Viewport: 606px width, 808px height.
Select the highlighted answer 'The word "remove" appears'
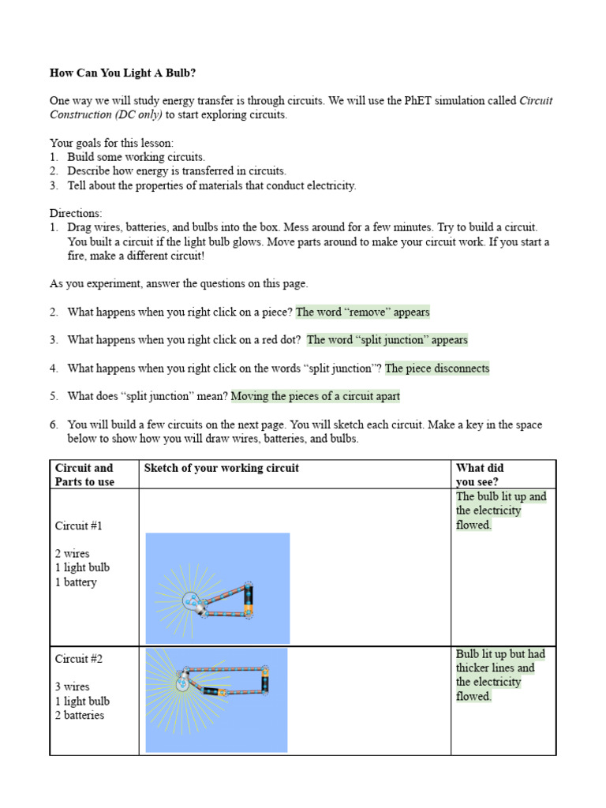pos(362,312)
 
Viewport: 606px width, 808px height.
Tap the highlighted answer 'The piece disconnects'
pos(437,368)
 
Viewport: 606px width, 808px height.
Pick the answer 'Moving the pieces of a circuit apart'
pos(315,396)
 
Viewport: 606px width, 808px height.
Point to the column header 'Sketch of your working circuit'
pos(222,468)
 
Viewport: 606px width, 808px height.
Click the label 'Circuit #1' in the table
pos(79,526)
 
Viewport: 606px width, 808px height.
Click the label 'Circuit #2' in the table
pos(79,658)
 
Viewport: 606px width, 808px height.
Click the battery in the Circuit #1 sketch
pos(249,599)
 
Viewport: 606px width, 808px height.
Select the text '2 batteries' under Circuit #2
pos(80,716)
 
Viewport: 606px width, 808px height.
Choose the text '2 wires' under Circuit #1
pos(73,554)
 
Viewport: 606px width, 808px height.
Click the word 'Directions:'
pos(76,214)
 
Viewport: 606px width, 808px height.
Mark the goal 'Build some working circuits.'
pos(136,157)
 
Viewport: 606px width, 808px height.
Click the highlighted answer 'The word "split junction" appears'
pos(387,340)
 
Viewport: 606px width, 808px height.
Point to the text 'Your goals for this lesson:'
pos(112,143)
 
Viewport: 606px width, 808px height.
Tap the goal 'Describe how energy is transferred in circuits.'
pos(177,171)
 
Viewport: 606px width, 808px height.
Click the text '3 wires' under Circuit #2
pos(73,686)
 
